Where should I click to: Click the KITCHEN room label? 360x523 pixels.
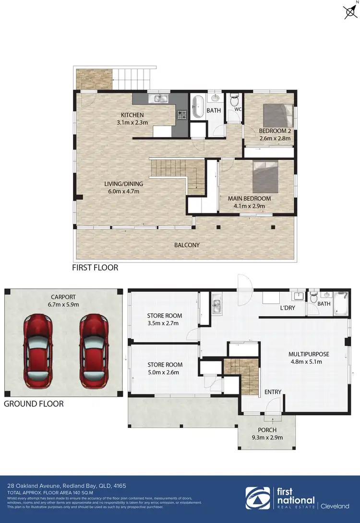click(132, 115)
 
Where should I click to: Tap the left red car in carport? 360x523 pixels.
click(38, 351)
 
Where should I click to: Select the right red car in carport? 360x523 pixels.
click(95, 351)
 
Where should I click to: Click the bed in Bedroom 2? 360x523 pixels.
click(278, 116)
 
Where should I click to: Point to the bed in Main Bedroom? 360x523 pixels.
click(269, 178)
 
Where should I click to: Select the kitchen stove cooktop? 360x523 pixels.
click(182, 115)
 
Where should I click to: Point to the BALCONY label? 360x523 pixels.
click(187, 245)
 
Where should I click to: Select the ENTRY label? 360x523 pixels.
click(273, 392)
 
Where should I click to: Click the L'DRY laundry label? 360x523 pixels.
click(288, 308)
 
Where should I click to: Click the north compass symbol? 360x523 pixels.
click(350, 12)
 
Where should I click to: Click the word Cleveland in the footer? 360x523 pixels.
click(336, 506)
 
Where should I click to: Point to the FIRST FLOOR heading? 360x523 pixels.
click(95, 268)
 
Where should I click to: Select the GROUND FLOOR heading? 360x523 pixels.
click(34, 404)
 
